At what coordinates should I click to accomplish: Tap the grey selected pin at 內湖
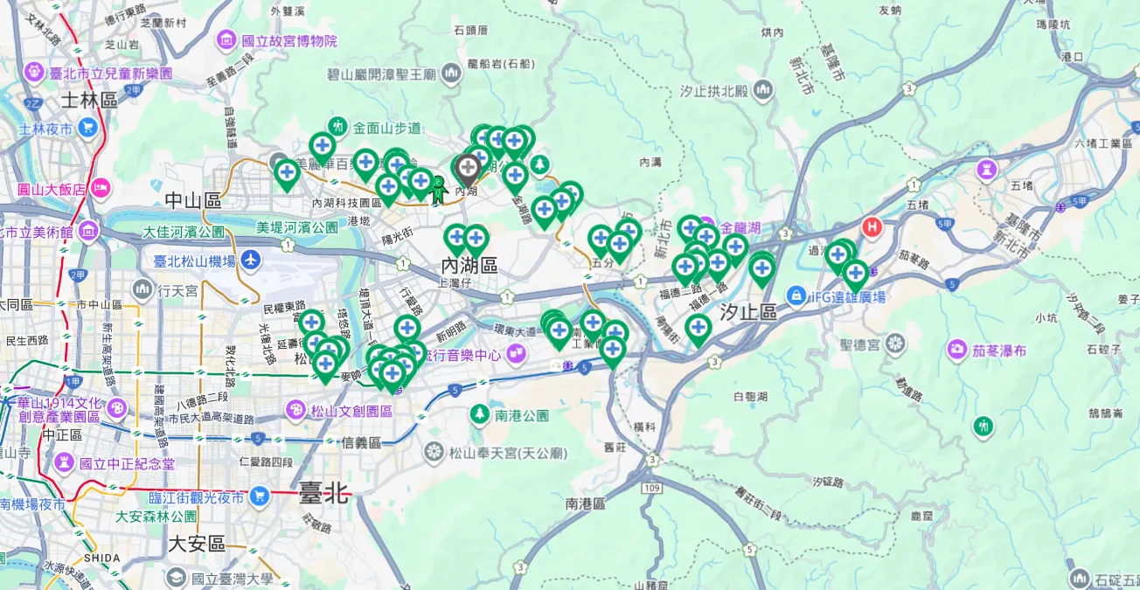click(468, 169)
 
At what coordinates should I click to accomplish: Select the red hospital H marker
click(872, 227)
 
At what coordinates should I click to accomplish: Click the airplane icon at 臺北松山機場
click(252, 260)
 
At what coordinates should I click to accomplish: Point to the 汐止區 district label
click(748, 312)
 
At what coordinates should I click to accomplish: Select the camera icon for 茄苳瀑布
click(957, 351)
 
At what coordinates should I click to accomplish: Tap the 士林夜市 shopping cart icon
click(87, 128)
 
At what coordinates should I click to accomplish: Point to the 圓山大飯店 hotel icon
click(101, 187)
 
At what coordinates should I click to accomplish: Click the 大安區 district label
click(197, 544)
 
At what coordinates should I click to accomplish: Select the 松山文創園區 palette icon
click(295, 409)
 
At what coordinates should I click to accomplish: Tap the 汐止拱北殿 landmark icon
click(763, 89)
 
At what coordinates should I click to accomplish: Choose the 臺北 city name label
click(323, 495)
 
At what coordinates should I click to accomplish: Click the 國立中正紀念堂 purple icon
click(64, 462)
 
